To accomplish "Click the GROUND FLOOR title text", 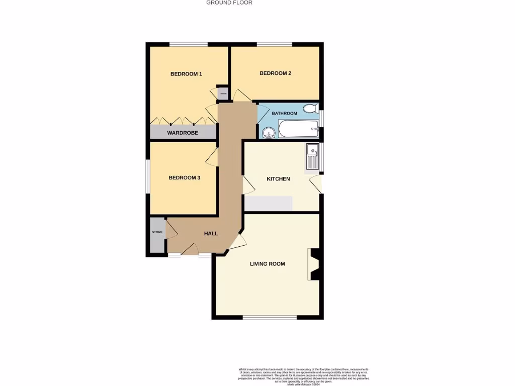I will click(229, 3).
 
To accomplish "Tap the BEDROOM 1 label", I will click(186, 74).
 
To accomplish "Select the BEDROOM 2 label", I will click(275, 73).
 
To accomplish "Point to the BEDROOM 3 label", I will click(184, 177).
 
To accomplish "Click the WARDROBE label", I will click(183, 133).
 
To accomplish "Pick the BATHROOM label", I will click(284, 114).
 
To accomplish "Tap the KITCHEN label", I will click(278, 179).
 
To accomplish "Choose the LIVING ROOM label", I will click(268, 264).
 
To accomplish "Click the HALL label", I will click(211, 233).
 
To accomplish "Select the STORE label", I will click(157, 232).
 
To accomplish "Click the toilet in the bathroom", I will click(311, 108).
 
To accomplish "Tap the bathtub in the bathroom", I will click(299, 129).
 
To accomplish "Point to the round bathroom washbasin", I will click(268, 132).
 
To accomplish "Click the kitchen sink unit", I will click(313, 156).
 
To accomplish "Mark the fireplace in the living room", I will click(314, 264).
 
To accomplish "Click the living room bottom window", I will click(270, 317).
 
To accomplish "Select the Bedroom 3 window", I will click(148, 176).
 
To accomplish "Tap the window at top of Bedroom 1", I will click(188, 44).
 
